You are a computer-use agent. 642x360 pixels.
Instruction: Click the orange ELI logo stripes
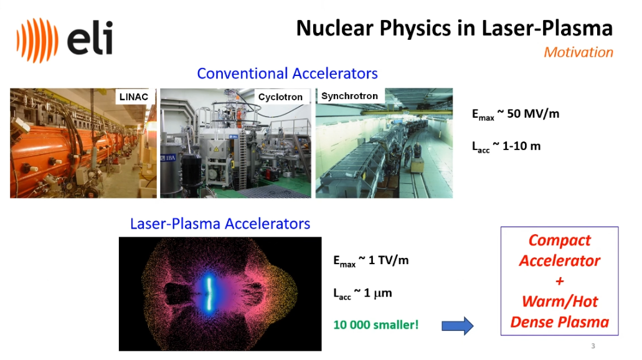[x=37, y=40]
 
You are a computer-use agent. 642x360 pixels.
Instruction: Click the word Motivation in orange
[x=578, y=52]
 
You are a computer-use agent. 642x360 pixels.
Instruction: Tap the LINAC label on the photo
[x=133, y=97]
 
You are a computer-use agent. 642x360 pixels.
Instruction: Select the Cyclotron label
[x=280, y=97]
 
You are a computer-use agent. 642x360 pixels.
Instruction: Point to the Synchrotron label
[x=349, y=96]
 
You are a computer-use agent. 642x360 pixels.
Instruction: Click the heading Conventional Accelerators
[x=287, y=73]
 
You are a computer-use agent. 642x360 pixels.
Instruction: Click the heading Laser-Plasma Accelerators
[x=220, y=224]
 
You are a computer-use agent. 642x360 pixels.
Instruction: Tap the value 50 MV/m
[x=533, y=113]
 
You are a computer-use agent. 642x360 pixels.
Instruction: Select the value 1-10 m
[x=521, y=146]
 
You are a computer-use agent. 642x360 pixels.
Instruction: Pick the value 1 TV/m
[x=388, y=260]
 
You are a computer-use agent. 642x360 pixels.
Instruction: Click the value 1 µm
[x=377, y=293]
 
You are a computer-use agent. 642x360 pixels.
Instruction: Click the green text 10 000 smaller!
[x=376, y=324]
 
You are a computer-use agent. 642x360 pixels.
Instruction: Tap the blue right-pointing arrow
[x=457, y=326]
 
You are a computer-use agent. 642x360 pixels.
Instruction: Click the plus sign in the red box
[x=560, y=281]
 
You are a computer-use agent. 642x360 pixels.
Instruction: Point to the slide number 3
[x=593, y=346]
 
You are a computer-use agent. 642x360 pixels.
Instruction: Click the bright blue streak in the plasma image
[x=209, y=293]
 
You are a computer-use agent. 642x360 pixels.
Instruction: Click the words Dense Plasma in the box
[x=559, y=322]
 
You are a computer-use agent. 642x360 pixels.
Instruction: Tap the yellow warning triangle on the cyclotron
[x=216, y=149]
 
